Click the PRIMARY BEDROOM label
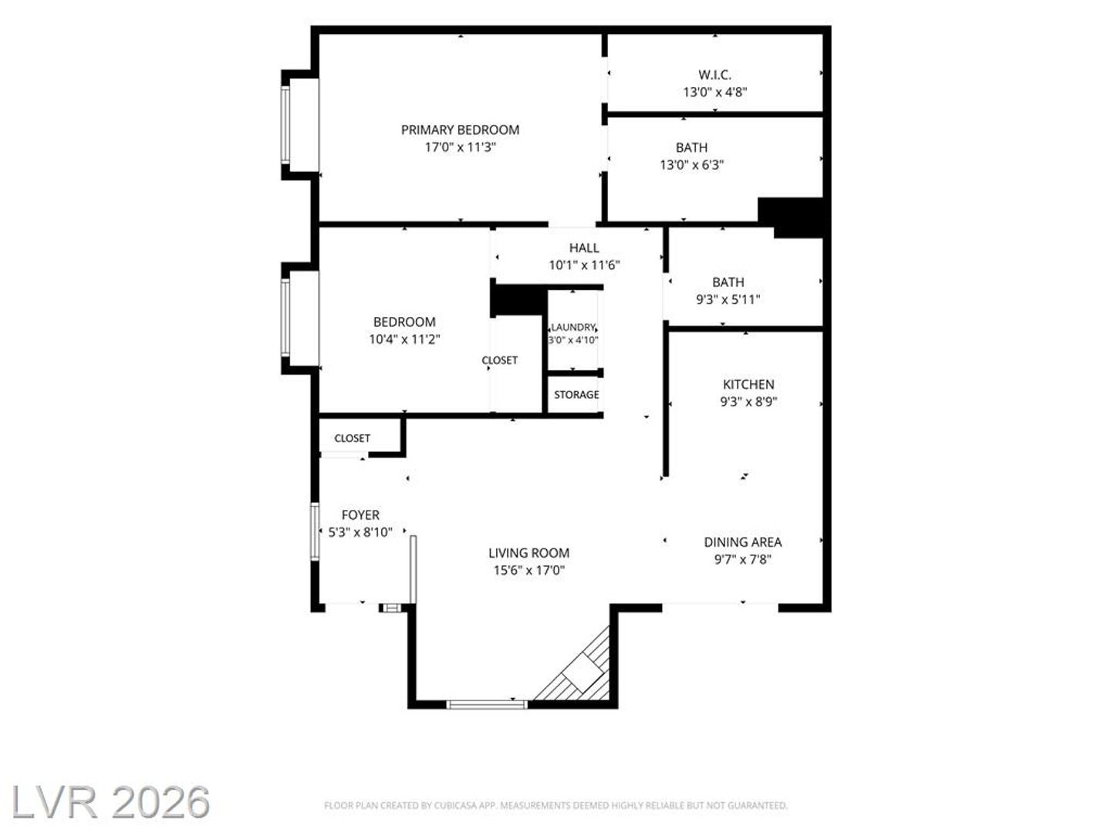click(x=460, y=130)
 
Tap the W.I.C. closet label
click(x=714, y=75)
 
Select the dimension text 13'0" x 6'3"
click(x=691, y=165)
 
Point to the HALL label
click(x=584, y=248)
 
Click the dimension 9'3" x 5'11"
click(x=728, y=299)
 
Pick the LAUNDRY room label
click(x=573, y=327)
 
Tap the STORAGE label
click(x=576, y=394)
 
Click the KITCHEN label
click(x=748, y=384)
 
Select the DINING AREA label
click(x=742, y=542)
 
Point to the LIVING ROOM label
click(x=529, y=553)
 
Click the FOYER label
click(x=360, y=515)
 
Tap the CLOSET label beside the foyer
click(x=353, y=438)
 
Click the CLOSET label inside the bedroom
click(x=500, y=360)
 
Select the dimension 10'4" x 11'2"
click(x=404, y=339)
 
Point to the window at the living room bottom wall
click(x=487, y=704)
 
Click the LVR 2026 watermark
click(x=110, y=802)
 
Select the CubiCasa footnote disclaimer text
click(x=555, y=805)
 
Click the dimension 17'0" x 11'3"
click(x=460, y=147)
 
